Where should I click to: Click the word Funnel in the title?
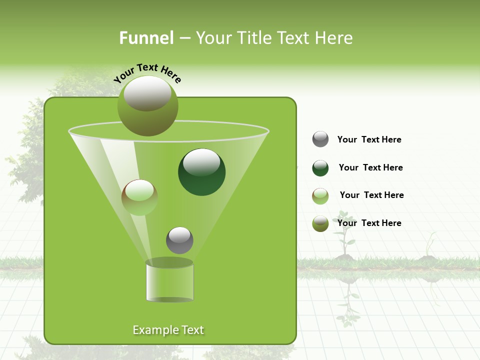(146, 38)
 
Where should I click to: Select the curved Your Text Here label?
(147, 73)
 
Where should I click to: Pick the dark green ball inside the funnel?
(202, 172)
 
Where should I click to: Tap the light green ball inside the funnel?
(139, 197)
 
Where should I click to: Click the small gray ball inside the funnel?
(179, 240)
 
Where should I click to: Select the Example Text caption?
(168, 330)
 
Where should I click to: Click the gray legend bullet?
(320, 139)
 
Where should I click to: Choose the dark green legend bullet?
(320, 168)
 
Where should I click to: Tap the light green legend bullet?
(320, 196)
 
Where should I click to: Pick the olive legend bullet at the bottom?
(320, 224)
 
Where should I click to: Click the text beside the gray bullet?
(369, 139)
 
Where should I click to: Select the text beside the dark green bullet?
(370, 167)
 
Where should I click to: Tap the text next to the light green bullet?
(371, 195)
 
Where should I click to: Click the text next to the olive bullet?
(369, 223)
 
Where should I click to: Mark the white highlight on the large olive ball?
(147, 93)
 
